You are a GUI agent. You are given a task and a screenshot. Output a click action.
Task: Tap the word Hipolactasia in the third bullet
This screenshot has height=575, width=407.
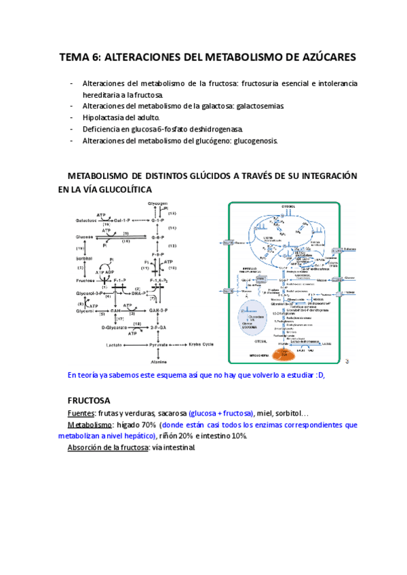point(103,117)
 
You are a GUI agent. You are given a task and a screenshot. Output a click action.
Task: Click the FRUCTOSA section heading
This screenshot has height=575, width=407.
point(94,400)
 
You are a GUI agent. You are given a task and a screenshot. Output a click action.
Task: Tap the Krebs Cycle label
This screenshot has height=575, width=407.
point(201,344)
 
